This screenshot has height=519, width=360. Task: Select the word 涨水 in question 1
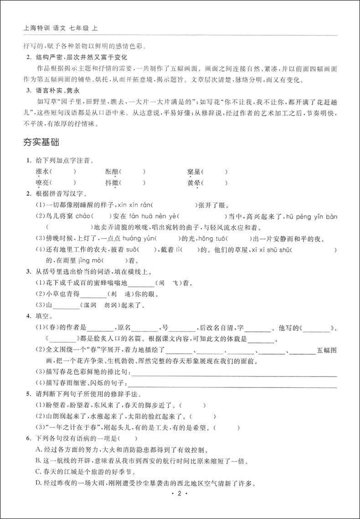click(x=41, y=172)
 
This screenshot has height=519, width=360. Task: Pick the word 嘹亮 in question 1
click(x=41, y=183)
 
